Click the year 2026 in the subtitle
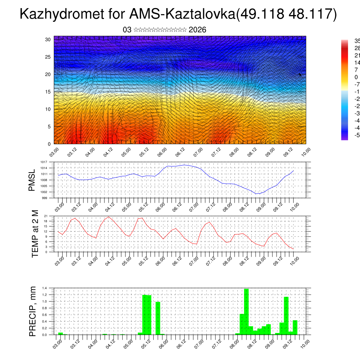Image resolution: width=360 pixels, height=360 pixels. pyautogui.click(x=197, y=30)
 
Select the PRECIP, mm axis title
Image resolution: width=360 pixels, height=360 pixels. pyautogui.click(x=33, y=311)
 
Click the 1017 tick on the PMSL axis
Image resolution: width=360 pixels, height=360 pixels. pyautogui.click(x=43, y=162)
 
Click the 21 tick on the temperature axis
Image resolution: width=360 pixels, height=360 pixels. pyautogui.click(x=46, y=216)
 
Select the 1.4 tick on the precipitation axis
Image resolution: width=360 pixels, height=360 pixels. pyautogui.click(x=45, y=288)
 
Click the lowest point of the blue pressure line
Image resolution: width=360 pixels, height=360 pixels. pyautogui.click(x=257, y=194)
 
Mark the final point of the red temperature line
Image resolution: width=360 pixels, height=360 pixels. pyautogui.click(x=293, y=249)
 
